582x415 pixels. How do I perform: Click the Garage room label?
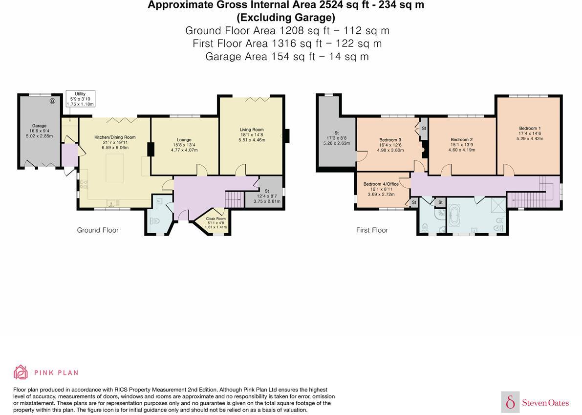(40, 126)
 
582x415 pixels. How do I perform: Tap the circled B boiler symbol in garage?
(52, 101)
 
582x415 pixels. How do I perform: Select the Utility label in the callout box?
(80, 94)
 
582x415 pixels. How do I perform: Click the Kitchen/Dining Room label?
(115, 137)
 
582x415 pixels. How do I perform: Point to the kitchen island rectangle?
(115, 168)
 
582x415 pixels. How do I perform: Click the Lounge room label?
(184, 140)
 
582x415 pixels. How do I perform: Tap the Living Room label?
(252, 130)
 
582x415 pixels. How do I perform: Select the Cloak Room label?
(216, 218)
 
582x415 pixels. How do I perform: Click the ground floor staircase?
(234, 200)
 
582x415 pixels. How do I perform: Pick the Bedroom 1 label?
(530, 129)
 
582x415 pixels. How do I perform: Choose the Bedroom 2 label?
(462, 140)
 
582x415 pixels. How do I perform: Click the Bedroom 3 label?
(390, 140)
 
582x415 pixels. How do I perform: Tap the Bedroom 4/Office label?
(381, 184)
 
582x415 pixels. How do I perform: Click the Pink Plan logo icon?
(21, 372)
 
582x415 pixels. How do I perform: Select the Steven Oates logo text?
(545, 403)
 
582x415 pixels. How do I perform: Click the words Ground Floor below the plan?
(98, 230)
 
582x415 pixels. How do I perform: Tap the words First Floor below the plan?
(372, 230)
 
